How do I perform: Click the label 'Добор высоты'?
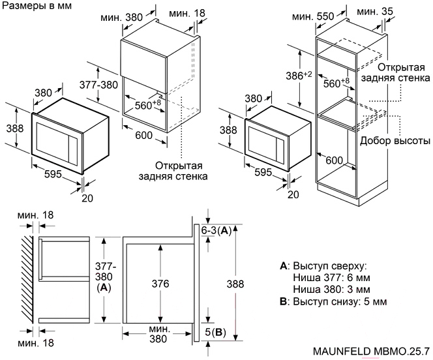[393, 140]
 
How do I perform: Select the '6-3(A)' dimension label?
[216, 230]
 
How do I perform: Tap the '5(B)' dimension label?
[216, 333]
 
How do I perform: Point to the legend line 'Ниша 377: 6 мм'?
[332, 277]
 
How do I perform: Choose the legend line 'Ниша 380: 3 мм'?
[332, 289]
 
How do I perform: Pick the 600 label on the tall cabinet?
[334, 160]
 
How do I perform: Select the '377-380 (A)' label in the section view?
[104, 275]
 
